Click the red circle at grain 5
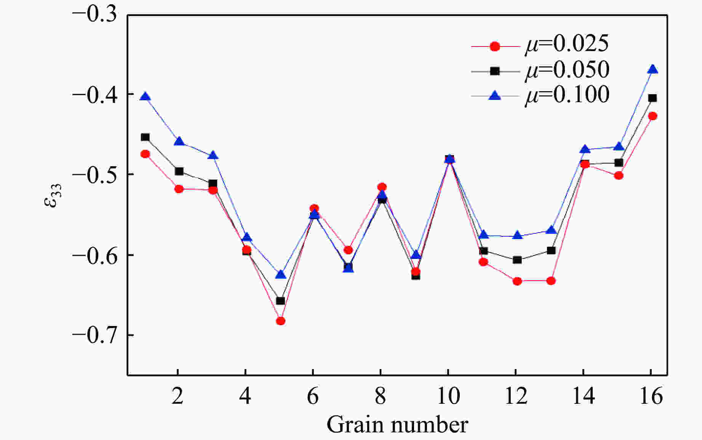(x=280, y=321)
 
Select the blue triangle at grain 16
(x=652, y=69)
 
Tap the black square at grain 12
(x=517, y=260)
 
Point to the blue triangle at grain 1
(x=145, y=97)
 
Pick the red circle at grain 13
(x=551, y=281)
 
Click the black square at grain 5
(x=280, y=301)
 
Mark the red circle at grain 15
(x=619, y=176)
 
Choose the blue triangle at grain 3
(x=213, y=156)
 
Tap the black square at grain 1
(x=145, y=137)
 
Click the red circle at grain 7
(x=348, y=250)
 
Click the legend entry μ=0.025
(x=567, y=44)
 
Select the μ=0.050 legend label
(x=567, y=70)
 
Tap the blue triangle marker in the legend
(x=495, y=95)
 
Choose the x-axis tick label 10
(x=448, y=397)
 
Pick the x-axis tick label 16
(x=651, y=397)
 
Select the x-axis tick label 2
(x=177, y=397)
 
